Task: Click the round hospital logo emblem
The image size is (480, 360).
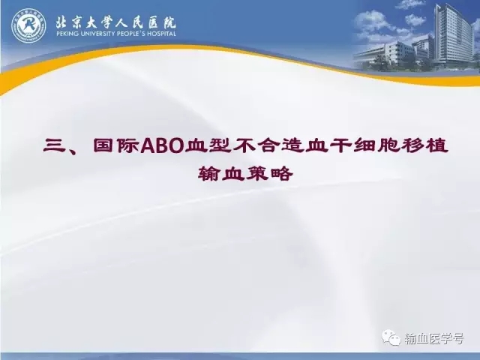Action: pyautogui.click(x=28, y=25)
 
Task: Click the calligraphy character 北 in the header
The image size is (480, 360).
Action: pyautogui.click(x=62, y=22)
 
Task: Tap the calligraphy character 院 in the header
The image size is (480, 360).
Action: pyautogui.click(x=169, y=22)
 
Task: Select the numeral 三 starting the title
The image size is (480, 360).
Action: pyautogui.click(x=55, y=146)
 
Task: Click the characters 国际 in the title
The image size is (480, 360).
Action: pyautogui.click(x=116, y=146)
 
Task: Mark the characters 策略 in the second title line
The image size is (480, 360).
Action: pyautogui.click(x=269, y=174)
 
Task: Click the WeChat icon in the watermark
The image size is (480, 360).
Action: pyautogui.click(x=391, y=337)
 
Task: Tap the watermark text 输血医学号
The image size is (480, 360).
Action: pyautogui.click(x=434, y=338)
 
